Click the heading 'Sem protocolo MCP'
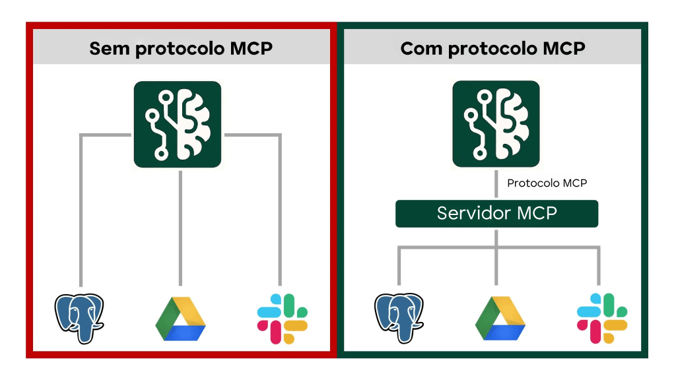(x=180, y=49)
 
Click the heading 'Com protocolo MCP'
(x=492, y=49)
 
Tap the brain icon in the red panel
(x=178, y=124)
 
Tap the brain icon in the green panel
(x=496, y=124)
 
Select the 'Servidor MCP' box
(x=496, y=214)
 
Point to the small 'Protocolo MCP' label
(x=547, y=183)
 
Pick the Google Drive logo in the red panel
(x=180, y=319)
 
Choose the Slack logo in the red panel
(x=282, y=319)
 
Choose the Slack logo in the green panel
(x=601, y=319)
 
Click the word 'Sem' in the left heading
(x=109, y=49)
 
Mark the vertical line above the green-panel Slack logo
(x=599, y=267)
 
